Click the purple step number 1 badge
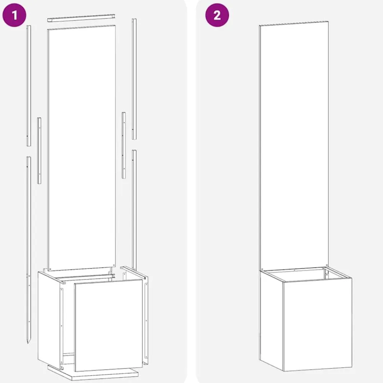[14, 15]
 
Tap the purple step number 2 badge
[217, 15]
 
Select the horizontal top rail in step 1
[81, 18]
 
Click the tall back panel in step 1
[82, 148]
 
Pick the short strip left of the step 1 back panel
[39, 151]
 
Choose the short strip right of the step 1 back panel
[124, 145]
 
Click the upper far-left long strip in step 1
[29, 86]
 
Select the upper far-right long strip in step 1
[134, 79]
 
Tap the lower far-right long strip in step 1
[134, 210]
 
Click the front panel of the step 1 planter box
[108, 325]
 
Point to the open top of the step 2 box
[305, 274]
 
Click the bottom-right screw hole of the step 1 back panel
[114, 265]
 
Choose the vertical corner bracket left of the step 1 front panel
[62, 327]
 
